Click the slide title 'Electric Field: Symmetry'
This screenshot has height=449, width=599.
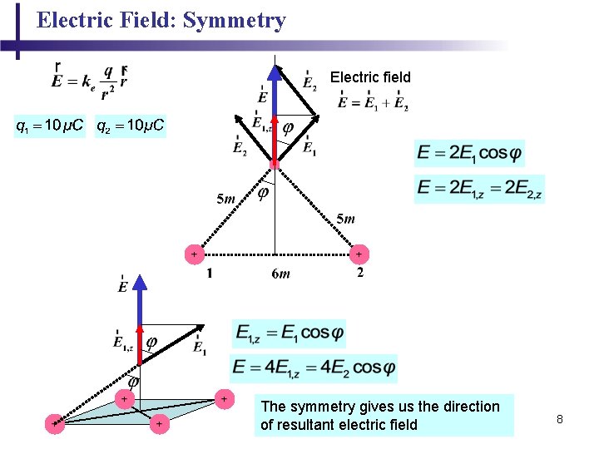[161, 21]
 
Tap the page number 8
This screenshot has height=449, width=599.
[560, 419]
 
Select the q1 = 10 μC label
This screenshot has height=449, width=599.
[49, 126]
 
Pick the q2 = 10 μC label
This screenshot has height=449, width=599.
[131, 126]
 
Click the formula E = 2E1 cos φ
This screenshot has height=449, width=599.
[470, 153]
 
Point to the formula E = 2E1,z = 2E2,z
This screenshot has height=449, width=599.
[480, 190]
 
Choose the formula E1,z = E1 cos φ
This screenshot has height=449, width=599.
[289, 333]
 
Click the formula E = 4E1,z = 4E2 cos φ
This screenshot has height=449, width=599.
[314, 367]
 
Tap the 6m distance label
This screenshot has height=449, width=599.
[282, 274]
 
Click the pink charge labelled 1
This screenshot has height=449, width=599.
[194, 253]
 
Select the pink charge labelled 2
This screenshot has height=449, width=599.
[359, 253]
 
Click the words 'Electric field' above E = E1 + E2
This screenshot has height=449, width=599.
[370, 77]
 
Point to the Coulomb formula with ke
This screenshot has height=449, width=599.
[89, 80]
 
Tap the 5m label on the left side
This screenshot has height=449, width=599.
[226, 199]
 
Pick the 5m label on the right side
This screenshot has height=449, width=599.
[345, 219]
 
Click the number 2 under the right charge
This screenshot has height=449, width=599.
[359, 273]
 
